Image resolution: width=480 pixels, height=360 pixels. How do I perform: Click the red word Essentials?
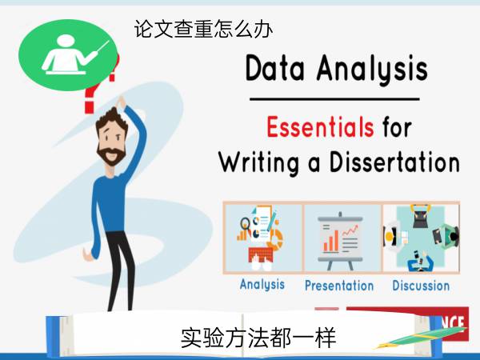(x=320, y=127)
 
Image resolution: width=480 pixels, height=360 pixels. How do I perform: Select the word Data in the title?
(x=275, y=68)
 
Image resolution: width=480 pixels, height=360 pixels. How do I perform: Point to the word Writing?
(x=258, y=163)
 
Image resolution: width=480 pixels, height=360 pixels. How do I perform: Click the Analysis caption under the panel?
(x=262, y=284)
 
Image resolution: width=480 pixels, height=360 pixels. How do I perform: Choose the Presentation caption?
(x=339, y=286)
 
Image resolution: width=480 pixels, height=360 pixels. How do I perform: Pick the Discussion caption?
(x=421, y=286)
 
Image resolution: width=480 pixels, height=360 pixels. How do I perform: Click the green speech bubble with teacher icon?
(x=68, y=55)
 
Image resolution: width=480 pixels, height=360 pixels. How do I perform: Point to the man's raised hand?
(x=121, y=102)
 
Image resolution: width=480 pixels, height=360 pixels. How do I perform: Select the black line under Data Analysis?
(x=334, y=99)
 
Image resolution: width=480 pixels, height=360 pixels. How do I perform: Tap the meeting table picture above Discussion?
(x=422, y=238)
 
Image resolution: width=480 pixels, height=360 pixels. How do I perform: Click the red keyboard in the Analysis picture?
(x=261, y=255)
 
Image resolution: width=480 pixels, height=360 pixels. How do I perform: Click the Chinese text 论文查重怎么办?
(x=203, y=29)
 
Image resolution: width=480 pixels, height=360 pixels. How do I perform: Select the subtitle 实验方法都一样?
(x=258, y=338)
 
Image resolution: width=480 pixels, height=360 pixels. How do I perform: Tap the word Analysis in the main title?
(x=372, y=70)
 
